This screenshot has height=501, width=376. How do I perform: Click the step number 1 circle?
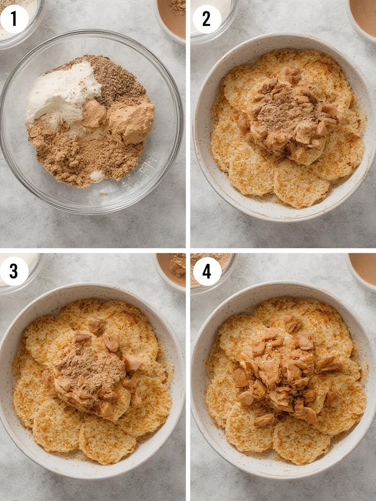click(14, 19)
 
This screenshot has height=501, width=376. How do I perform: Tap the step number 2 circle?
click(207, 19)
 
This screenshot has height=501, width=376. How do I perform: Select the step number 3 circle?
click(14, 271)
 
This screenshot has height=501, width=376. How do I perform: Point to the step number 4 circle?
click(207, 271)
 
